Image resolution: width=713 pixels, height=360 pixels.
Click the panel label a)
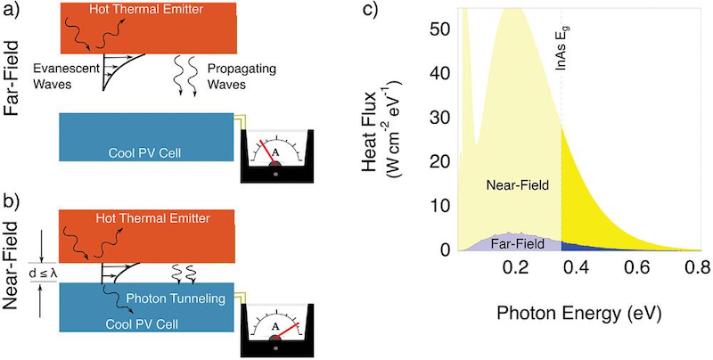[12, 10]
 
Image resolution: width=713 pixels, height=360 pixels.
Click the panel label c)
[369, 10]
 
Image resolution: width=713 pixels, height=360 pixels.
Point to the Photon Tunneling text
[176, 299]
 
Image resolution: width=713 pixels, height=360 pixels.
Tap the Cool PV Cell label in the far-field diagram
[144, 152]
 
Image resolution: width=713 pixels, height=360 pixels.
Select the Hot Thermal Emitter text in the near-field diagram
[153, 218]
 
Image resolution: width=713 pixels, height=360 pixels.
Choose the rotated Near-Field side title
[12, 266]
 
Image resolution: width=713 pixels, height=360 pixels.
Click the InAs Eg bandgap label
[563, 47]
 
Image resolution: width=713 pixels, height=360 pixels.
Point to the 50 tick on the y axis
[438, 29]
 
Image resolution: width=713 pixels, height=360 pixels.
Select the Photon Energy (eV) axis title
[578, 313]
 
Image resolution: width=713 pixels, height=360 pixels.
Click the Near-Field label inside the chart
[518, 184]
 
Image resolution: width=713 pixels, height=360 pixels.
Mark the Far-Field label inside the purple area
[518, 244]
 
